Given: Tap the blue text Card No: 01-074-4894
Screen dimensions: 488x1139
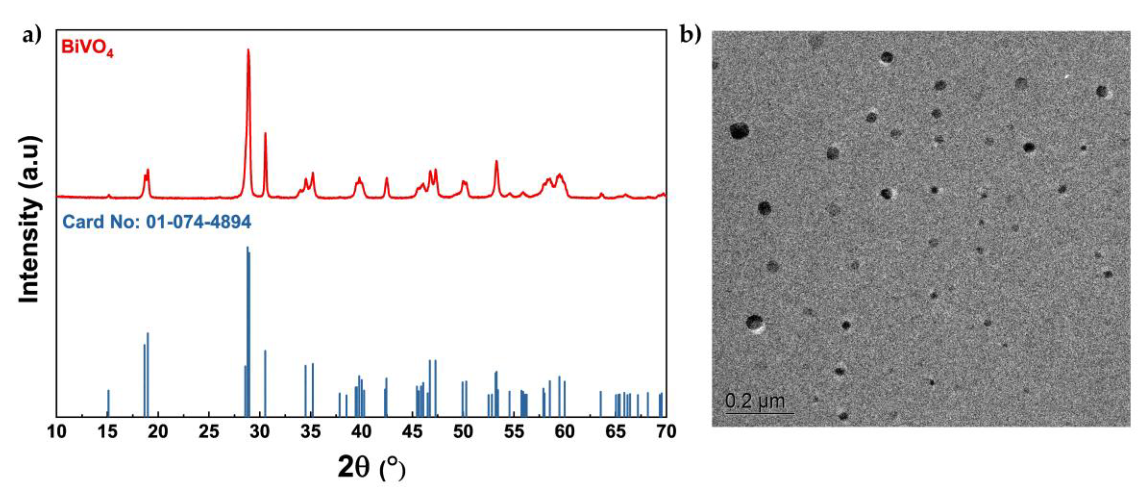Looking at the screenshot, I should pyautogui.click(x=157, y=222).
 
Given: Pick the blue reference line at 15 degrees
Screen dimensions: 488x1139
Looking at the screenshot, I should pyautogui.click(x=108, y=402).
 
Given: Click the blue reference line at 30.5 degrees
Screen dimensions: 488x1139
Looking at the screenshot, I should pyautogui.click(x=265, y=382).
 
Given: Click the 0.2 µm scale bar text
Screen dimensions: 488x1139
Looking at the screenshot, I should pyautogui.click(x=755, y=401).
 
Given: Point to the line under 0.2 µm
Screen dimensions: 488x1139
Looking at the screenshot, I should pyautogui.click(x=759, y=414).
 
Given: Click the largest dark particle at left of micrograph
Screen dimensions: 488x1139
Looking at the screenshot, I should pyautogui.click(x=739, y=131).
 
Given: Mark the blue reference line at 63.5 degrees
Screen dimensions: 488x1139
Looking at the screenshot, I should pyautogui.click(x=600, y=403).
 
